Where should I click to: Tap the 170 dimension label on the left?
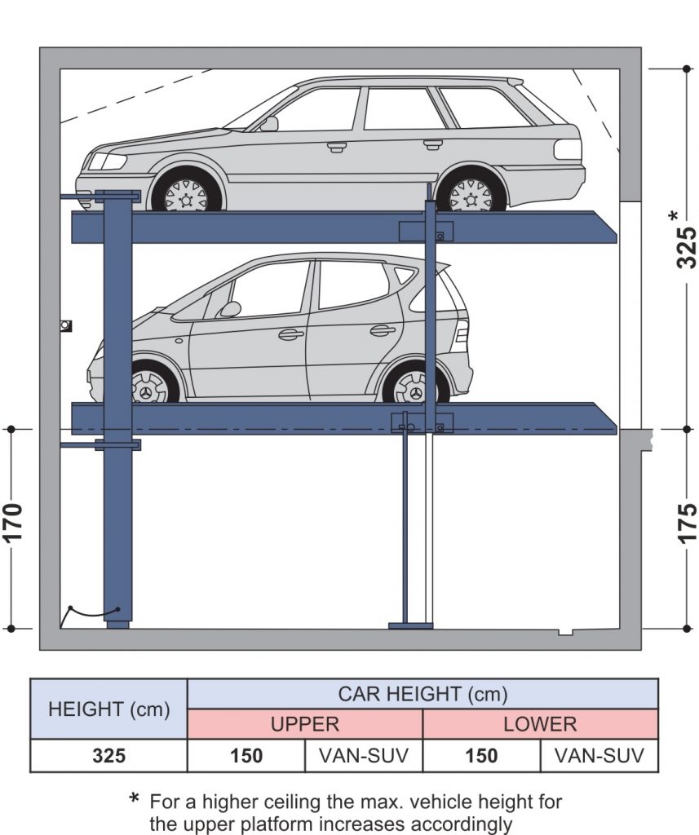coord(12,528)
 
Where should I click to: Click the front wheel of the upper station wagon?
coord(186,194)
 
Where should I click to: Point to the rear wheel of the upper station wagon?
coord(471,194)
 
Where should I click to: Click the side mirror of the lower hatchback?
coord(230,309)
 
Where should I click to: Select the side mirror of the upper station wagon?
coord(268,124)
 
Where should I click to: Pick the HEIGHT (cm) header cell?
coord(108,709)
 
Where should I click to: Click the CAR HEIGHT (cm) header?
coord(422,694)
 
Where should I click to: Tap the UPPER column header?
coord(305,724)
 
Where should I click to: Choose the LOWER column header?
coord(540,724)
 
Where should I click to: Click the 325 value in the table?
coord(108,756)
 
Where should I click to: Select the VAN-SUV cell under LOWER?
coord(599,756)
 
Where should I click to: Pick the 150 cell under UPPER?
coord(246,756)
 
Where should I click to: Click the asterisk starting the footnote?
coord(135,800)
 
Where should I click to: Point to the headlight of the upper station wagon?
coord(108,161)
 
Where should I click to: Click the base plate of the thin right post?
coord(410,625)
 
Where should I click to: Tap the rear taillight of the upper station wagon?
coord(568,150)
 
